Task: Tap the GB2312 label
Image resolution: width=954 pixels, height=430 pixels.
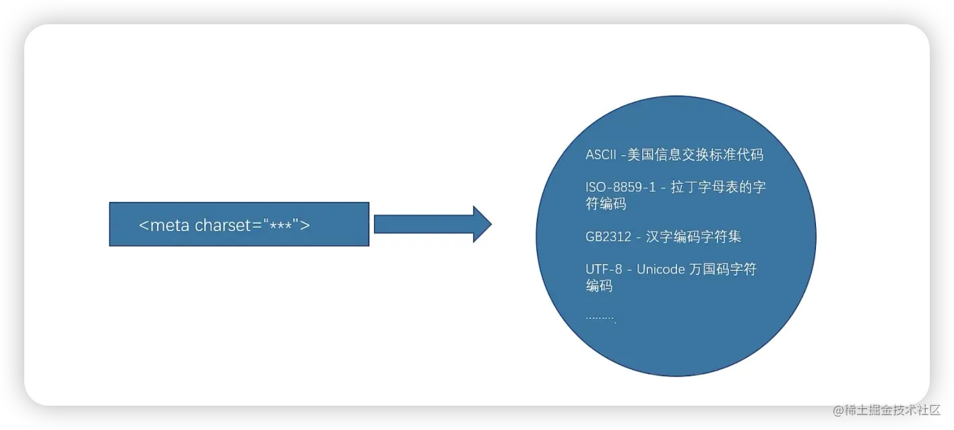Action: pos(608,237)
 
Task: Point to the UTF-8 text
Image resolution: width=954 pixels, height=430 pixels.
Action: pos(604,270)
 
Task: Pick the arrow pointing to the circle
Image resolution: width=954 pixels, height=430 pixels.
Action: pos(433,224)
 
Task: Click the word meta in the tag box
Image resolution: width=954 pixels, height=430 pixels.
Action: pos(170,225)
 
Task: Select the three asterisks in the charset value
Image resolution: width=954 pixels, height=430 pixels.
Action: pos(280,226)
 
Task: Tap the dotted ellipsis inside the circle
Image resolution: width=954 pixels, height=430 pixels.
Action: pos(601,318)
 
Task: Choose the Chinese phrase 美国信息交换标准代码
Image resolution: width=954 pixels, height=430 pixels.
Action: pos(695,154)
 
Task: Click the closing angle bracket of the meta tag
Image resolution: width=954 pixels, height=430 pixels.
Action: pos(305,225)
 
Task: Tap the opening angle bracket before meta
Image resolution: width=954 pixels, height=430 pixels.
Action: pos(144,225)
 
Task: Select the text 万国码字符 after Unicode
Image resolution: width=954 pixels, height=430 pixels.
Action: pos(723,270)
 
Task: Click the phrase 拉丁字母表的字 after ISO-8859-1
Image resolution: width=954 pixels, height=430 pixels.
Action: pos(718,187)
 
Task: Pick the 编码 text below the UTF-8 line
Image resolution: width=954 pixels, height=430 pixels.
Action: pos(599,286)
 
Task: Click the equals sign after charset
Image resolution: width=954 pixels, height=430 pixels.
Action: pos(257,225)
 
